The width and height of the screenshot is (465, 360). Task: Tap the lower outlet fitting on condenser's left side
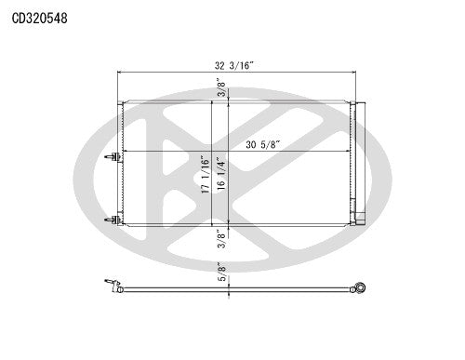[112, 220]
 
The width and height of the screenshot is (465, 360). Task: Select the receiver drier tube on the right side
[359, 158]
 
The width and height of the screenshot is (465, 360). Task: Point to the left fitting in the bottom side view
[113, 286]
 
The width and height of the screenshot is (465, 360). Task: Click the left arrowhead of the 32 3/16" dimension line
[121, 73]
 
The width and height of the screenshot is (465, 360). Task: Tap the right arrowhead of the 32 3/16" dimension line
[352, 73]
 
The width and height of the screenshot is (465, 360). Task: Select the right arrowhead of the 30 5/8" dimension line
[349, 152]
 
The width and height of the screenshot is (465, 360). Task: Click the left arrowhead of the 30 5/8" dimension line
[124, 152]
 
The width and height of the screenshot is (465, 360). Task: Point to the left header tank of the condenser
[120, 163]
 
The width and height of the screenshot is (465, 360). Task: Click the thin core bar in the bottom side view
[232, 290]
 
